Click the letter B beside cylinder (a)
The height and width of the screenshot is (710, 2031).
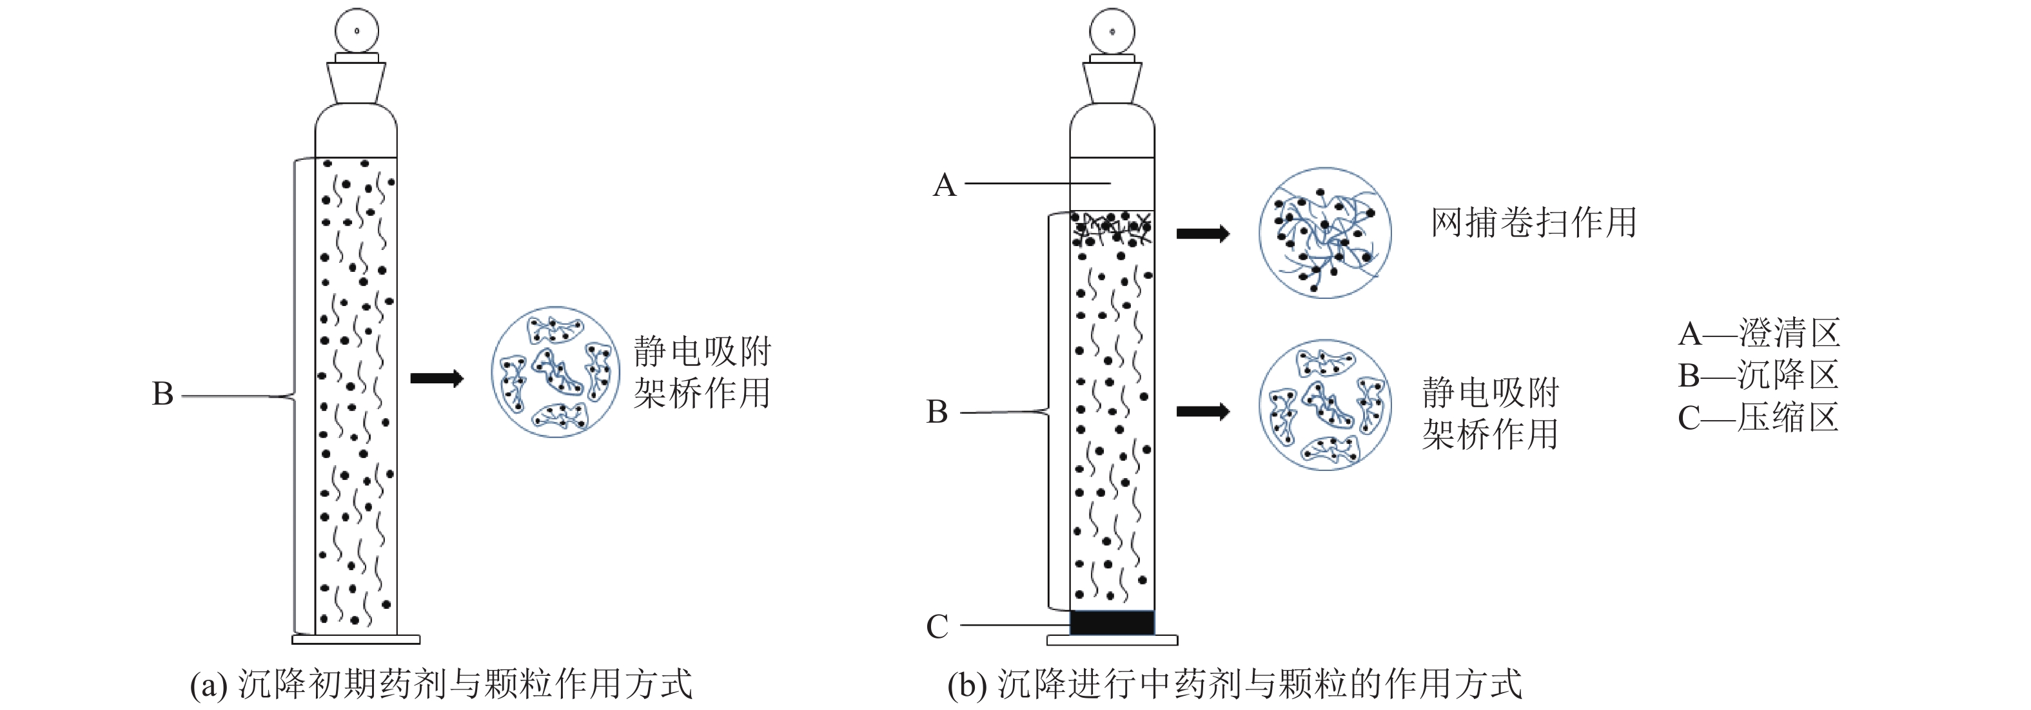click(x=162, y=394)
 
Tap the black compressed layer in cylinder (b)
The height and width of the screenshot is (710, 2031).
click(x=1112, y=622)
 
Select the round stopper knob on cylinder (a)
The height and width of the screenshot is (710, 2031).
click(x=357, y=32)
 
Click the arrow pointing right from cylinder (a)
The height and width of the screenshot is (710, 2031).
click(x=437, y=378)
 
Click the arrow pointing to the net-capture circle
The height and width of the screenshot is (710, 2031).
click(x=1202, y=233)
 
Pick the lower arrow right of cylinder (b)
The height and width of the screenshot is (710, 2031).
click(x=1202, y=411)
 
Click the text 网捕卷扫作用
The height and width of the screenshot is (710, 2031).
click(x=1533, y=223)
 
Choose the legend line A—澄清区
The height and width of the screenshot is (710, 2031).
click(x=1758, y=333)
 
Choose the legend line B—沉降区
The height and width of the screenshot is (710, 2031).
click(x=1758, y=375)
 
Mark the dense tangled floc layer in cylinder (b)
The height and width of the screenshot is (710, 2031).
click(x=1112, y=229)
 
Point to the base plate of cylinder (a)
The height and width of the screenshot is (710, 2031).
click(x=357, y=639)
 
